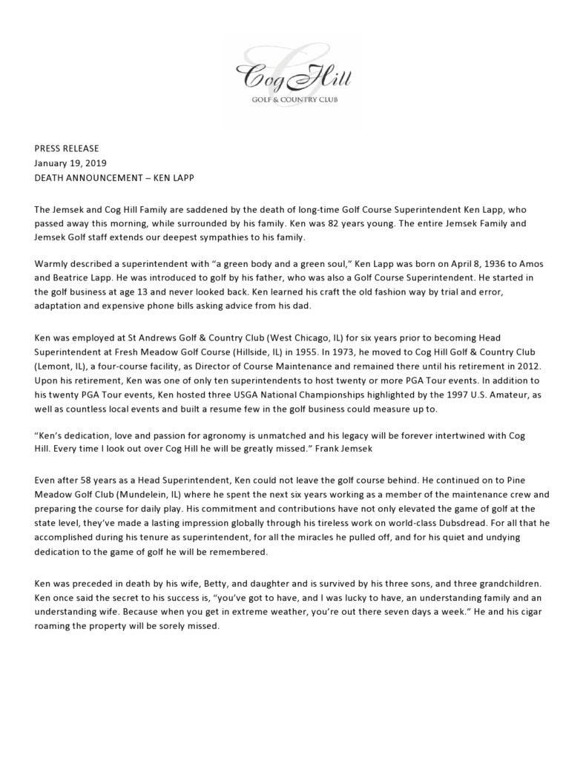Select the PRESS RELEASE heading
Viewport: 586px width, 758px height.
pyautogui.click(x=67, y=148)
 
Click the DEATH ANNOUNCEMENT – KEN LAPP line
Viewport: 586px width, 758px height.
pyautogui.click(x=114, y=178)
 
